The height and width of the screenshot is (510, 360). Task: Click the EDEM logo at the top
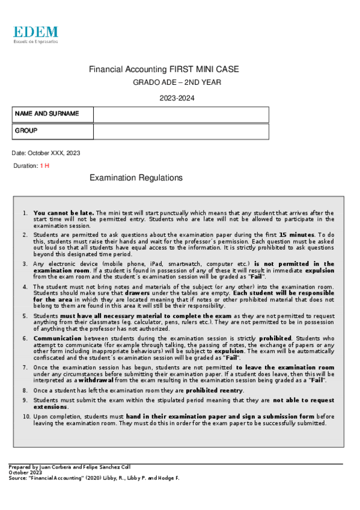pos(36,34)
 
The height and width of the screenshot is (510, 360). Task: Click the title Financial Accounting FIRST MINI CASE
pos(163,70)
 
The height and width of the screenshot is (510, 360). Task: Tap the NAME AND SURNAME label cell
pos(53,114)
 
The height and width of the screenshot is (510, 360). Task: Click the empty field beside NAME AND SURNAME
pos(180,114)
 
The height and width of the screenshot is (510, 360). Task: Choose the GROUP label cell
pos(53,131)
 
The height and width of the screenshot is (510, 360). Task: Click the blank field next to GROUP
pos(180,131)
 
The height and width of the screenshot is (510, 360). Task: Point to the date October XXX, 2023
pos(46,153)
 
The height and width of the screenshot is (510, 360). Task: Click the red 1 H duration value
pos(44,165)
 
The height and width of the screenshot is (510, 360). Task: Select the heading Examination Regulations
pos(136,178)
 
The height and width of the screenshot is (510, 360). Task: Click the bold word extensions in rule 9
pos(50,407)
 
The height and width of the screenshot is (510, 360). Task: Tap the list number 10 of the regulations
pos(26,416)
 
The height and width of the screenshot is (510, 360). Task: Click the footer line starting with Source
pos(94,478)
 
